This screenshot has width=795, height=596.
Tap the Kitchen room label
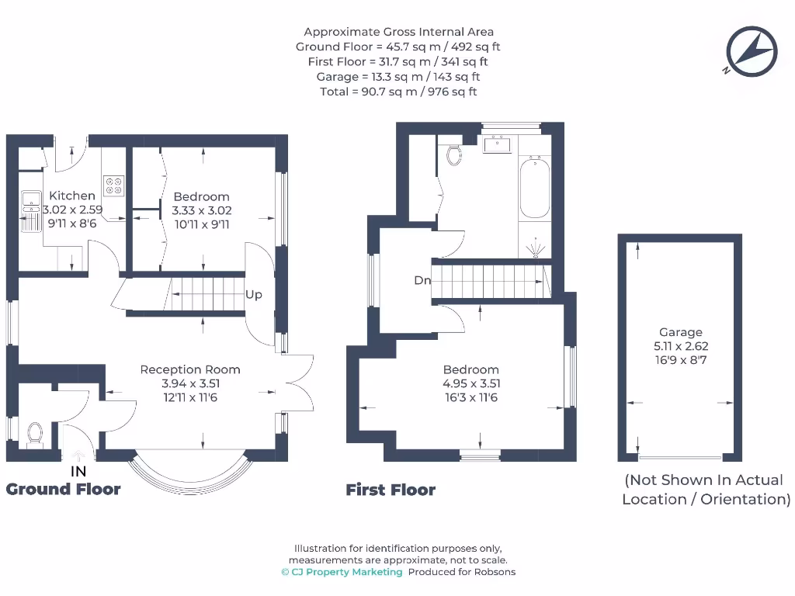[x=72, y=196]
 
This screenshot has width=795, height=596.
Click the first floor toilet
[x=454, y=154]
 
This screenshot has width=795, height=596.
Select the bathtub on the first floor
[x=534, y=188]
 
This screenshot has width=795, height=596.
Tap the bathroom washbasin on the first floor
[x=496, y=144]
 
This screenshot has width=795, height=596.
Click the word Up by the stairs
[x=254, y=295]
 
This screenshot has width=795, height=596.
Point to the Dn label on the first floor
[x=422, y=281]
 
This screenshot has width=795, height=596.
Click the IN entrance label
[x=78, y=471]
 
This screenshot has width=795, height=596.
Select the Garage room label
[x=681, y=332]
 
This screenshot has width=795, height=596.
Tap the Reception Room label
[x=190, y=369]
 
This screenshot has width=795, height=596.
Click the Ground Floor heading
[x=64, y=489]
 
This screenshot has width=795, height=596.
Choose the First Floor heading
[x=391, y=490]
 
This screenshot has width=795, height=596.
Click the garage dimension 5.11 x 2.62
[x=681, y=347]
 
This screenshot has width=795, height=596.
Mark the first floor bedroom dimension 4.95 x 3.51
[x=470, y=383]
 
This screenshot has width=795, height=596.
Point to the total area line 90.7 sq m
[x=398, y=92]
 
